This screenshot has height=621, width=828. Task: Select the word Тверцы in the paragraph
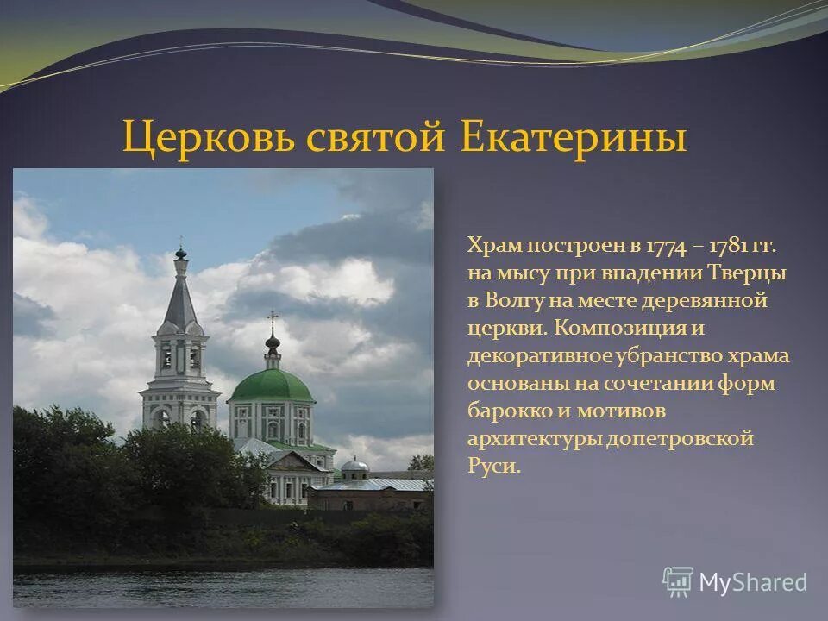click(749, 273)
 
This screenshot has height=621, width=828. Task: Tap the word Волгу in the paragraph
click(518, 301)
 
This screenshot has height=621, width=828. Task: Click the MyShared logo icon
click(678, 582)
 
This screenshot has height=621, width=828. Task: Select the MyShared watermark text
click(753, 582)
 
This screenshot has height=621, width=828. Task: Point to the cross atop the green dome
click(273, 318)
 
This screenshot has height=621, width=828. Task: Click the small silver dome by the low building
click(354, 466)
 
